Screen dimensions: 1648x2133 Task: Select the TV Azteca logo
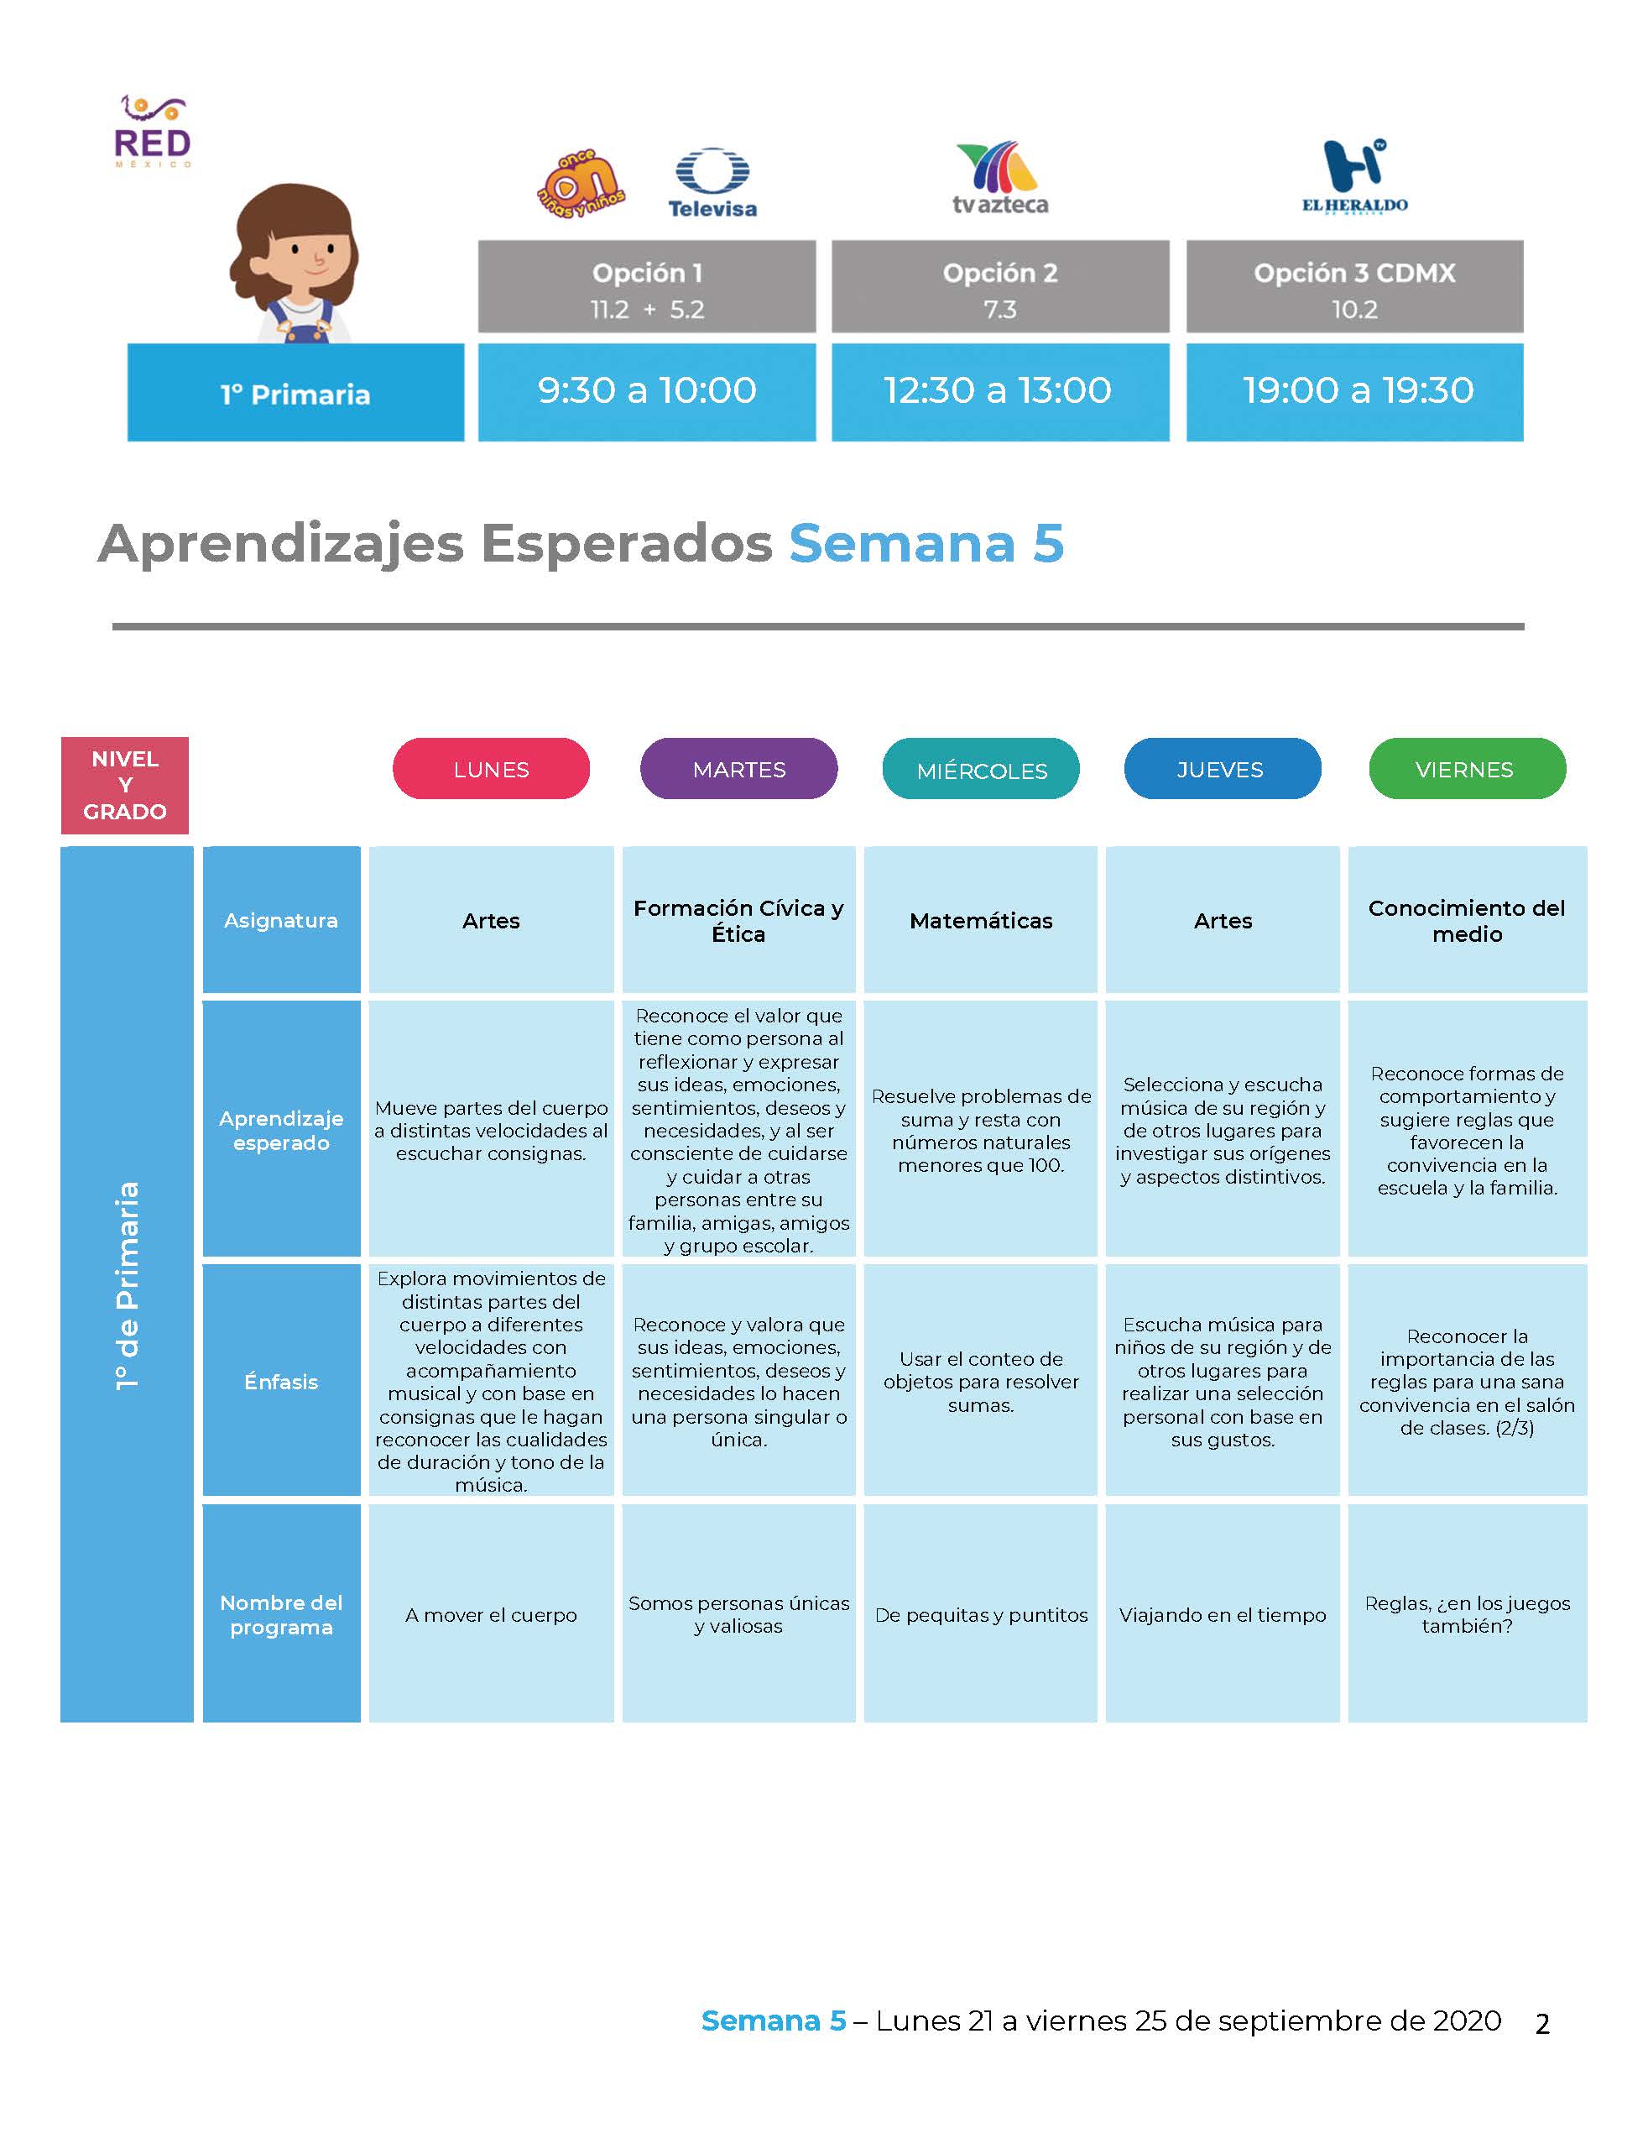999,178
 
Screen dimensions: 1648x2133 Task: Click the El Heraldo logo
1354,175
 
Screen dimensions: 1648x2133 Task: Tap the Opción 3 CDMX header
1354,287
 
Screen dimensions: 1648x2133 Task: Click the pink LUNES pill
491,769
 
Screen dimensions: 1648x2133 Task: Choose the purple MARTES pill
739,769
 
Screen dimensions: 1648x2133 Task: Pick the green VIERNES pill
1468,769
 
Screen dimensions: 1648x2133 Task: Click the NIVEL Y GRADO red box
125,785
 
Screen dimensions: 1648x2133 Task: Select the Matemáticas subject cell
981,920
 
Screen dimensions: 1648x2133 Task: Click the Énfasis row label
281,1381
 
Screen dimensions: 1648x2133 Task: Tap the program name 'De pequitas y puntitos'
981,1615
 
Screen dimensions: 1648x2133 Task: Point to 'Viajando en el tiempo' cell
1223,1613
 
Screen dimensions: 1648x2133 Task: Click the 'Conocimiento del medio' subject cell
1468,920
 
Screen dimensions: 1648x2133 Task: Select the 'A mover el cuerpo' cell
491,1613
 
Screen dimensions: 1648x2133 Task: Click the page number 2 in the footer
1542,2024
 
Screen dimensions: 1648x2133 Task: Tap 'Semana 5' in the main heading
926,543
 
